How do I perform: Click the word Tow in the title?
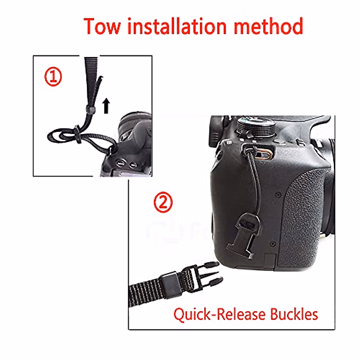(102, 26)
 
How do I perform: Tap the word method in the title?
(268, 26)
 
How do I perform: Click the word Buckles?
(294, 314)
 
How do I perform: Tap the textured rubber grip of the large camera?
(303, 216)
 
